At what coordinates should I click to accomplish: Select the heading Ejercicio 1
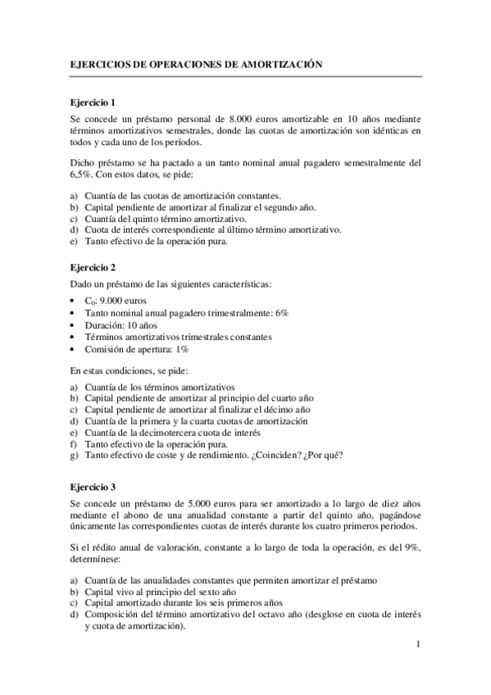(93, 102)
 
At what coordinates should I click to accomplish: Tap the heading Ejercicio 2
(93, 267)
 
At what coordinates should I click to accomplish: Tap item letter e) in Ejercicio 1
(74, 241)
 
